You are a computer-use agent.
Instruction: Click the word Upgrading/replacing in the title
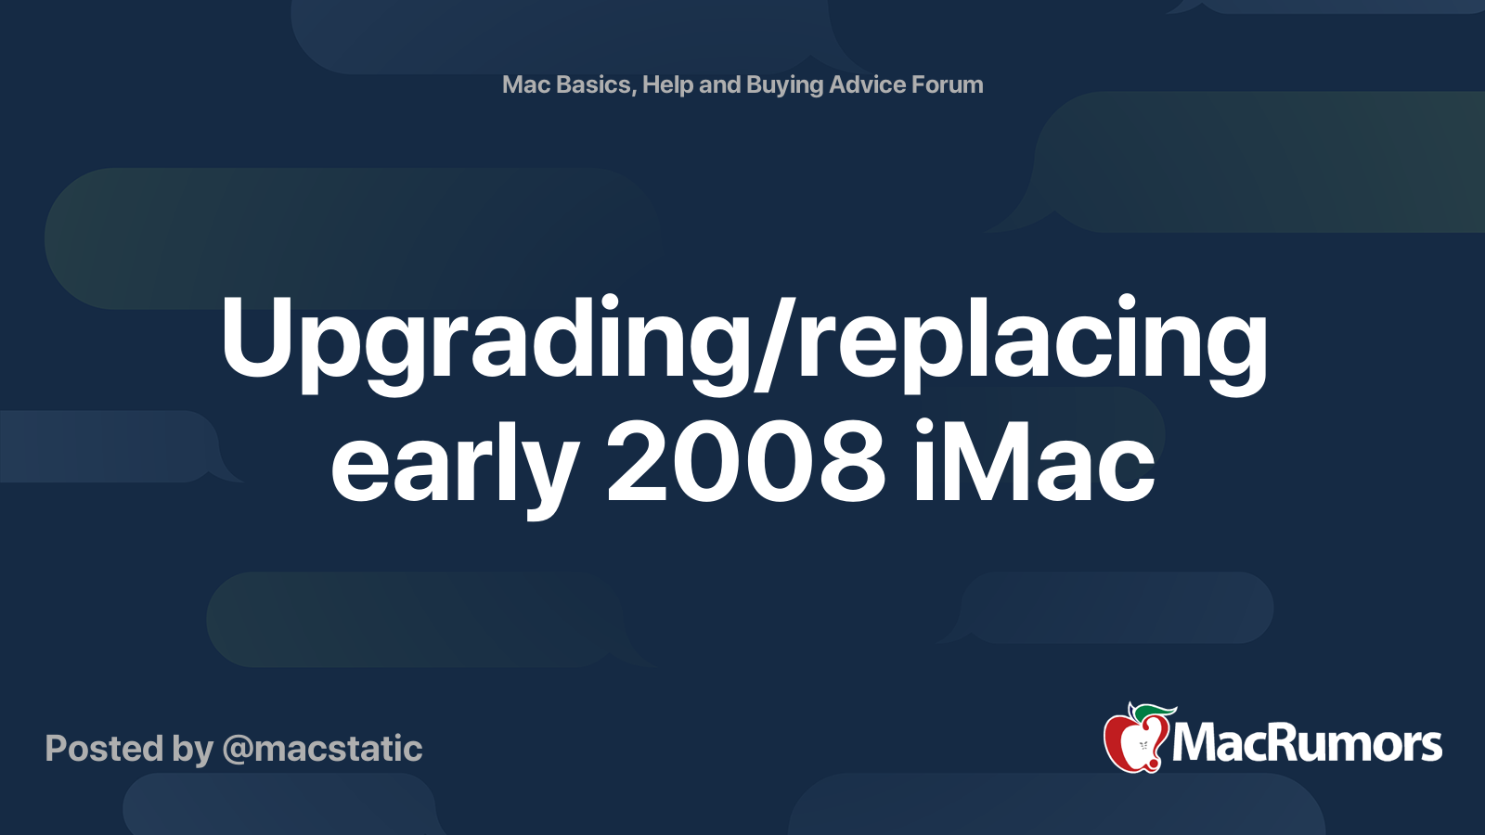743,344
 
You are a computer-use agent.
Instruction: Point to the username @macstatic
322,749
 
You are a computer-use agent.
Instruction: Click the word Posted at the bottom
104,749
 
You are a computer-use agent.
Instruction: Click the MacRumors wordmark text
1307,743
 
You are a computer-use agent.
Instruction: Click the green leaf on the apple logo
1154,712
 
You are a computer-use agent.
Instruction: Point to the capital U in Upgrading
256,338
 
